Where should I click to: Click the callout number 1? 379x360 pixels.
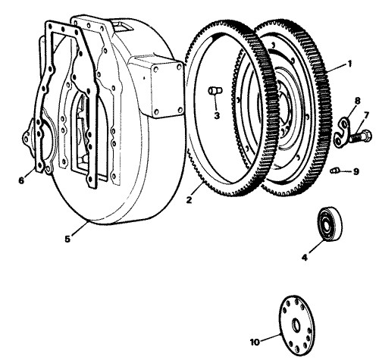click(349, 64)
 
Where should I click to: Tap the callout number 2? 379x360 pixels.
click(189, 200)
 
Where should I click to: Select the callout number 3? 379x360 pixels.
click(217, 116)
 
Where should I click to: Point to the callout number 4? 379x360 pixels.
click(305, 258)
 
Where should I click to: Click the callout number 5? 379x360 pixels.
click(67, 239)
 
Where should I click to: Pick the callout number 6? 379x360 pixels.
click(21, 180)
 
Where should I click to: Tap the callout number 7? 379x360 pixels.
click(366, 115)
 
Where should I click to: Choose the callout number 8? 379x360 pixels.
click(357, 101)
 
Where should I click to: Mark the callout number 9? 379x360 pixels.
click(356, 172)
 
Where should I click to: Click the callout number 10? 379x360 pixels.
click(255, 342)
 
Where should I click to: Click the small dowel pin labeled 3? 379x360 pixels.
click(215, 90)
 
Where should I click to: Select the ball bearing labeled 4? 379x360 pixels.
click(330, 223)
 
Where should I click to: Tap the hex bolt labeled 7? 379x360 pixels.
click(360, 136)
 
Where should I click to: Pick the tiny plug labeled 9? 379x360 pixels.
click(334, 171)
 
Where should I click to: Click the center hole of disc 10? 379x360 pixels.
click(296, 324)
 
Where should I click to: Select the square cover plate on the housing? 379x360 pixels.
click(168, 89)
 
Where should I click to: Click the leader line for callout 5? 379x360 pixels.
click(80, 228)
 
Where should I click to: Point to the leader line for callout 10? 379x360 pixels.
click(271, 338)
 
